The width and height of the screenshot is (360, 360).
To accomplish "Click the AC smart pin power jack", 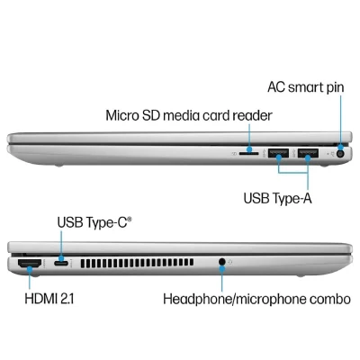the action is (340, 154).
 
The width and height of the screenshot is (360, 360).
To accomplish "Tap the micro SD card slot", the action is (248, 154).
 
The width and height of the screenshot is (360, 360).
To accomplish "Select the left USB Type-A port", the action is (278, 153).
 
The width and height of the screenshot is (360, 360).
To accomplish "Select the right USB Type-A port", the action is (308, 153).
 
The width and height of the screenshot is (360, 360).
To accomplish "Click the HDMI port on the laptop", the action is (30, 264).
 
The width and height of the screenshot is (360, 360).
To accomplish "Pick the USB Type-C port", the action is (61, 264).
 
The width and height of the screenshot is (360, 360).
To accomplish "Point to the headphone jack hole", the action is (221, 262).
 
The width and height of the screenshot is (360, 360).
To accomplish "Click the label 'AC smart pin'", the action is (306, 87).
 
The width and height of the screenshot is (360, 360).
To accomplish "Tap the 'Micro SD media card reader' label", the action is (189, 115).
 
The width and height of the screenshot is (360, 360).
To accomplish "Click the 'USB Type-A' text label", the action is (277, 198).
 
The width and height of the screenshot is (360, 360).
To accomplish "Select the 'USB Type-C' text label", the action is (94, 222).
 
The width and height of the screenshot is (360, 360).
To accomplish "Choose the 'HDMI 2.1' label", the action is (49, 299).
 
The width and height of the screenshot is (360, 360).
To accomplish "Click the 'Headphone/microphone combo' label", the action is (256, 299).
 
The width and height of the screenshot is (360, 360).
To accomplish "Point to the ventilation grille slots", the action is (137, 263).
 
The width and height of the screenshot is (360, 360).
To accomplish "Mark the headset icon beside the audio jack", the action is (230, 263).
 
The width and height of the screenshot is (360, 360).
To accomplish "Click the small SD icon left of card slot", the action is (235, 154).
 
